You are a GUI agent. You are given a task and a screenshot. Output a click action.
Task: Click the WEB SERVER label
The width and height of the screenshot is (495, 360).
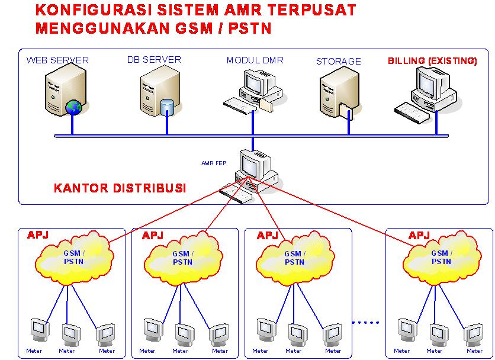point(57,60)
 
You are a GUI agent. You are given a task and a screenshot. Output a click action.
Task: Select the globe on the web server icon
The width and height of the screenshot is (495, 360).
point(73,107)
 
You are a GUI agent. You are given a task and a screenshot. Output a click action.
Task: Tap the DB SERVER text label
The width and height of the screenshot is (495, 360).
point(154,60)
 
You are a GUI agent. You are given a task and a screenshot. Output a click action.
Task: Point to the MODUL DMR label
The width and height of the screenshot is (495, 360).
point(255,60)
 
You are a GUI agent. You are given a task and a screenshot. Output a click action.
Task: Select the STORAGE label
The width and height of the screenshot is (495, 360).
point(338,61)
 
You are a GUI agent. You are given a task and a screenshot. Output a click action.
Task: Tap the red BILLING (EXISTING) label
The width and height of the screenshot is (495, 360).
point(432,60)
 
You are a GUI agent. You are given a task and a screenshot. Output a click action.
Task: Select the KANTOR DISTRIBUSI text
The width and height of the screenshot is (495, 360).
point(120,188)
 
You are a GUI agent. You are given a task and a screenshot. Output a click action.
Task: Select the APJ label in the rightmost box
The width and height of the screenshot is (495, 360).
point(419,236)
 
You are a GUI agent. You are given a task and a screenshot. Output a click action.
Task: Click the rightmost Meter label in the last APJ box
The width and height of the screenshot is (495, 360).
point(472,351)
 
